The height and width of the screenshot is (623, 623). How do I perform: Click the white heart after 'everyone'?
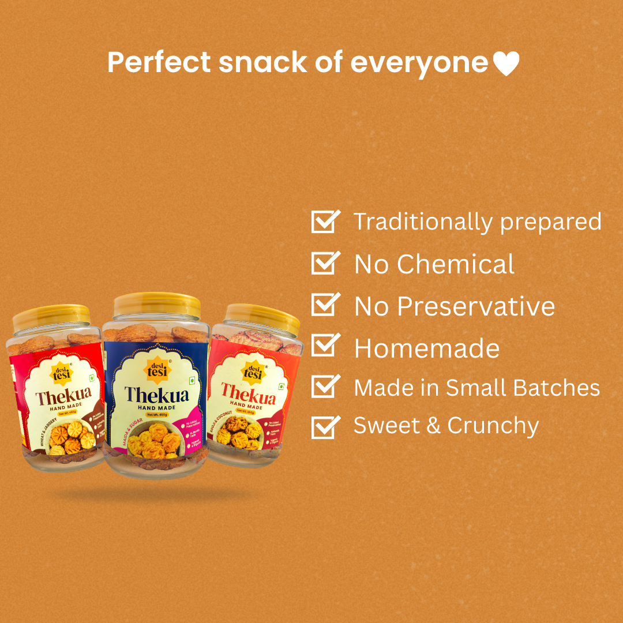pos(506,63)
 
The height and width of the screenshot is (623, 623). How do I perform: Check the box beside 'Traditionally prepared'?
pos(325,222)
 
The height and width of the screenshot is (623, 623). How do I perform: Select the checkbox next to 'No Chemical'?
pos(325,264)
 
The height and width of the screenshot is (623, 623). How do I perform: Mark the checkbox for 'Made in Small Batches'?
pos(325,387)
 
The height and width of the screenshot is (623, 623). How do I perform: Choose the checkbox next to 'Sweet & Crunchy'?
pos(325,426)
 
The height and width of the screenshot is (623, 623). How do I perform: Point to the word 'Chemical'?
pos(455,264)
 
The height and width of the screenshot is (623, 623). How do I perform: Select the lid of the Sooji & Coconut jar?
pos(262,317)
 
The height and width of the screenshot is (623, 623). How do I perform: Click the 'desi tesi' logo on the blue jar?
pos(153,369)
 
